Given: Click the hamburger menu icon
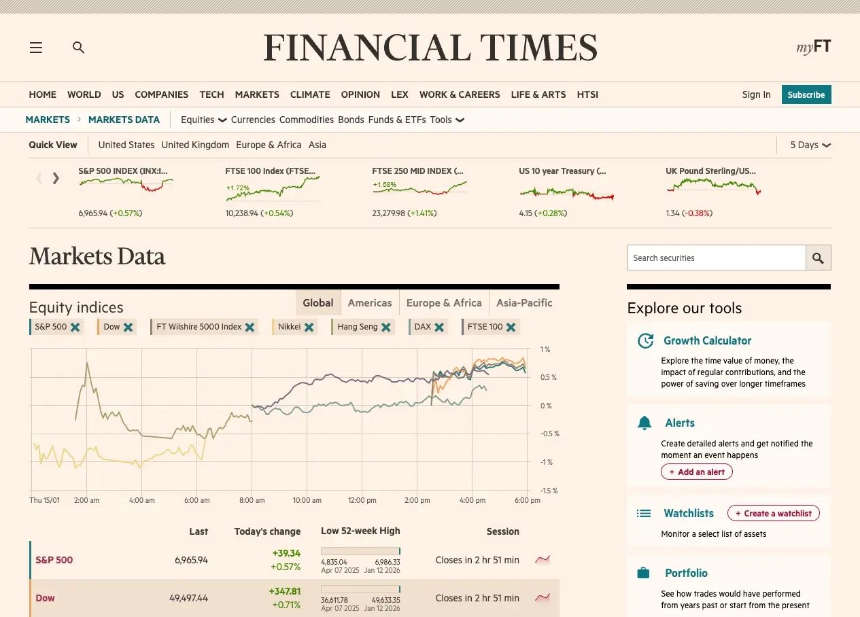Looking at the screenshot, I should tap(36, 48).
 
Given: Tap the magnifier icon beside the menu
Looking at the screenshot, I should tap(79, 48).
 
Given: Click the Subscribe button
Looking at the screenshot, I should tap(806, 94).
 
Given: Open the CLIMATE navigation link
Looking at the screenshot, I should tap(310, 94).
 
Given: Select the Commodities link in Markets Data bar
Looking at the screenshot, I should tap(306, 120).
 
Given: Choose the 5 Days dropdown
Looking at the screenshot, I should tap(810, 145).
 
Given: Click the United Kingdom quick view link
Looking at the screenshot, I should tap(195, 145).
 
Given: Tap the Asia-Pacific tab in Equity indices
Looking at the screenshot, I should tap(524, 303).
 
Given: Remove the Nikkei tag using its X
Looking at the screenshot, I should tap(309, 327).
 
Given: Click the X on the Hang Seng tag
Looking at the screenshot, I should tap(386, 327).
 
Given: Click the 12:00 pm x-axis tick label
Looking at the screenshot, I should tap(362, 500).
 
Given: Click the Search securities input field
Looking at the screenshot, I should tap(716, 258).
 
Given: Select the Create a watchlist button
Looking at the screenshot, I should tap(773, 514).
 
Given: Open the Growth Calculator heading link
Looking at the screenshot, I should tap(707, 340).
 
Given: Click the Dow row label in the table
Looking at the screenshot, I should tap(45, 598).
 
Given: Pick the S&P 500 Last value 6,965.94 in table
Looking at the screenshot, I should tap(191, 560).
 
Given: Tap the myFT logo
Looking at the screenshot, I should tap(813, 47).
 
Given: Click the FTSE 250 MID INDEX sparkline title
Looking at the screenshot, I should tap(417, 171).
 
